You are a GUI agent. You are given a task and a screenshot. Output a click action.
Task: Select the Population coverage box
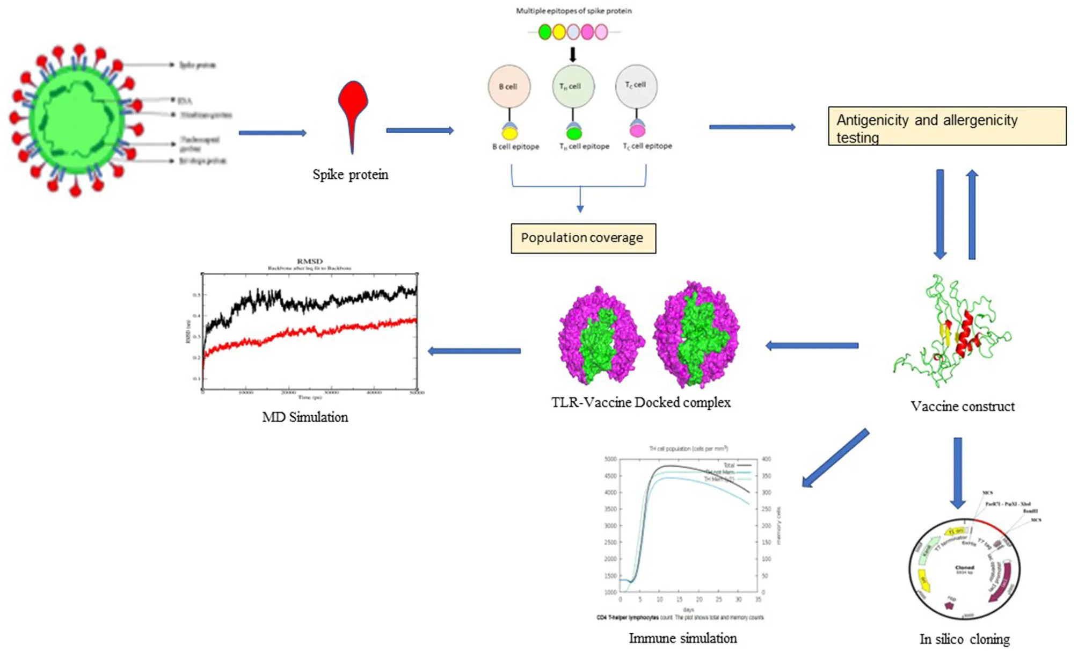(x=583, y=238)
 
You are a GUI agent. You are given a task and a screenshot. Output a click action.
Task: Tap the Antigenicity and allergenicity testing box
(x=947, y=126)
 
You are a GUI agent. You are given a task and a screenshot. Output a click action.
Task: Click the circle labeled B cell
(x=508, y=86)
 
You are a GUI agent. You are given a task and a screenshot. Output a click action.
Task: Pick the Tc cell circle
(x=636, y=86)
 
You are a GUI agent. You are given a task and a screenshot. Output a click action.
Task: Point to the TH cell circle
(x=573, y=86)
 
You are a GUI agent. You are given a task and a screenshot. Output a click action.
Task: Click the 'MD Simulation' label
(x=305, y=417)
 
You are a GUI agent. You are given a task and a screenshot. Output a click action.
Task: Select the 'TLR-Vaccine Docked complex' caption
(x=640, y=403)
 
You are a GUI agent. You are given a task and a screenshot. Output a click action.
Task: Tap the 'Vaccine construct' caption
(x=962, y=407)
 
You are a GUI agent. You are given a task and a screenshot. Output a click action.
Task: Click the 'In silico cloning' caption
(x=964, y=639)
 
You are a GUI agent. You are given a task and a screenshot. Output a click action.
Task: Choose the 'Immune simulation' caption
(x=682, y=638)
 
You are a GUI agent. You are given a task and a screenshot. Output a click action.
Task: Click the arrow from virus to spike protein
(x=272, y=133)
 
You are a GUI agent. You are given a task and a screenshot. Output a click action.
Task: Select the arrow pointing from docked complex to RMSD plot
(x=474, y=351)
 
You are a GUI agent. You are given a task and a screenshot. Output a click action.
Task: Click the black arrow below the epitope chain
(x=573, y=55)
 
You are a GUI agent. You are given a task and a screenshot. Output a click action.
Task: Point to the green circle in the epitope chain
(x=544, y=32)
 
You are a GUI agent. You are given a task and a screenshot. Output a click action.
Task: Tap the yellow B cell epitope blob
(x=509, y=133)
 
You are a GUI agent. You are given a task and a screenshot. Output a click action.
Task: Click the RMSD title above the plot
(x=310, y=262)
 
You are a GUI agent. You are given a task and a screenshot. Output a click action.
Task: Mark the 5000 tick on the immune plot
(x=610, y=459)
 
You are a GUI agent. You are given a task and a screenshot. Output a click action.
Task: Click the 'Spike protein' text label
(x=350, y=175)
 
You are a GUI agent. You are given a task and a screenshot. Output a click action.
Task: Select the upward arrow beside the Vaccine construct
(x=972, y=215)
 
